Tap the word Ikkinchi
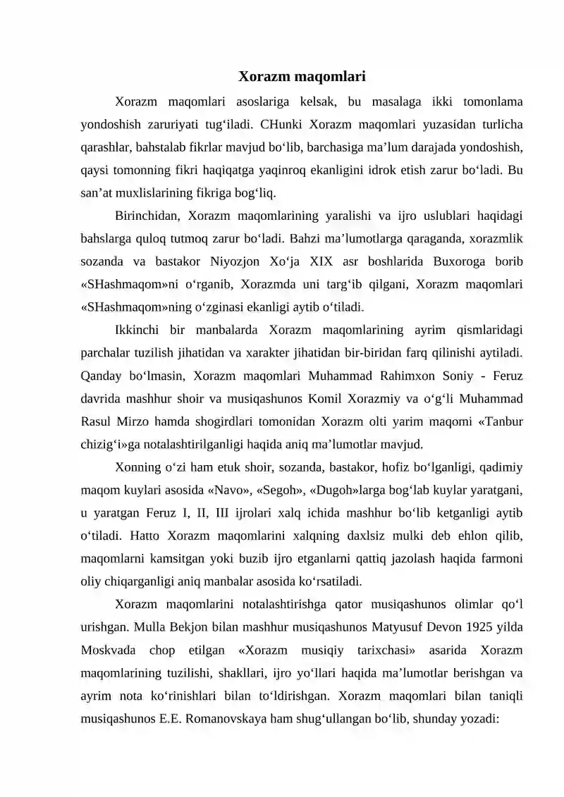138,329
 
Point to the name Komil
324,398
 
